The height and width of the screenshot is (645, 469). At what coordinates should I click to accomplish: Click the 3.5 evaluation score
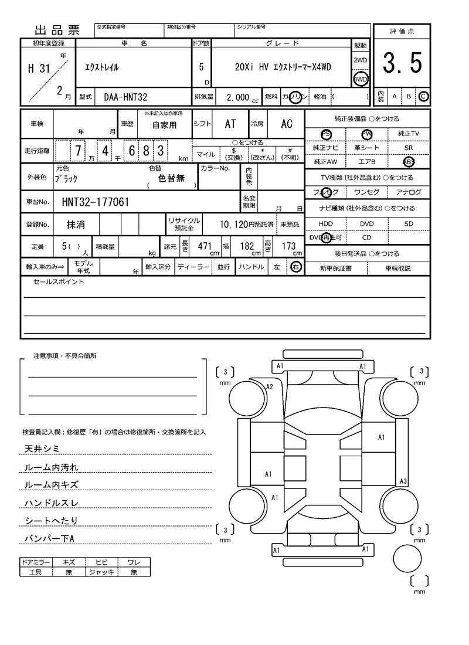point(402,63)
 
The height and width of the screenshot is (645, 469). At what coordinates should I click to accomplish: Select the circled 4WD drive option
point(361,79)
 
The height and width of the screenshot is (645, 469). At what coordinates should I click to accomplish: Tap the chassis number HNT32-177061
point(96,202)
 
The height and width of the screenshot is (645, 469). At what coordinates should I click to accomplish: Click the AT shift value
point(230,124)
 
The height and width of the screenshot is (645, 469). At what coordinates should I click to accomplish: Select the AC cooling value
point(286,124)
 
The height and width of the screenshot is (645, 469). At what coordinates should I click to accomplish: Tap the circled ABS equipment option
point(408,161)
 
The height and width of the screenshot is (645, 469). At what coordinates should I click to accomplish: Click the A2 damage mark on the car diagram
point(270,386)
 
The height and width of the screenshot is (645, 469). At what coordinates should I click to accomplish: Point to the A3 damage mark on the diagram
point(403,481)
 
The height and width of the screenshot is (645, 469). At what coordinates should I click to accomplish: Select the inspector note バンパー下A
point(50,538)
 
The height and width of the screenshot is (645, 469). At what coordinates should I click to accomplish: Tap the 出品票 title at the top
point(57,30)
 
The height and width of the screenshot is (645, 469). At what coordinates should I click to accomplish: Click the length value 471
point(204,247)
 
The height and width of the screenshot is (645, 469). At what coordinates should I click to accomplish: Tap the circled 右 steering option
point(296,267)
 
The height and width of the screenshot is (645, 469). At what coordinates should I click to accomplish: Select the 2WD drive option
point(361,60)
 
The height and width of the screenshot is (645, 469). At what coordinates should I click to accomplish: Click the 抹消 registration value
point(75,224)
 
